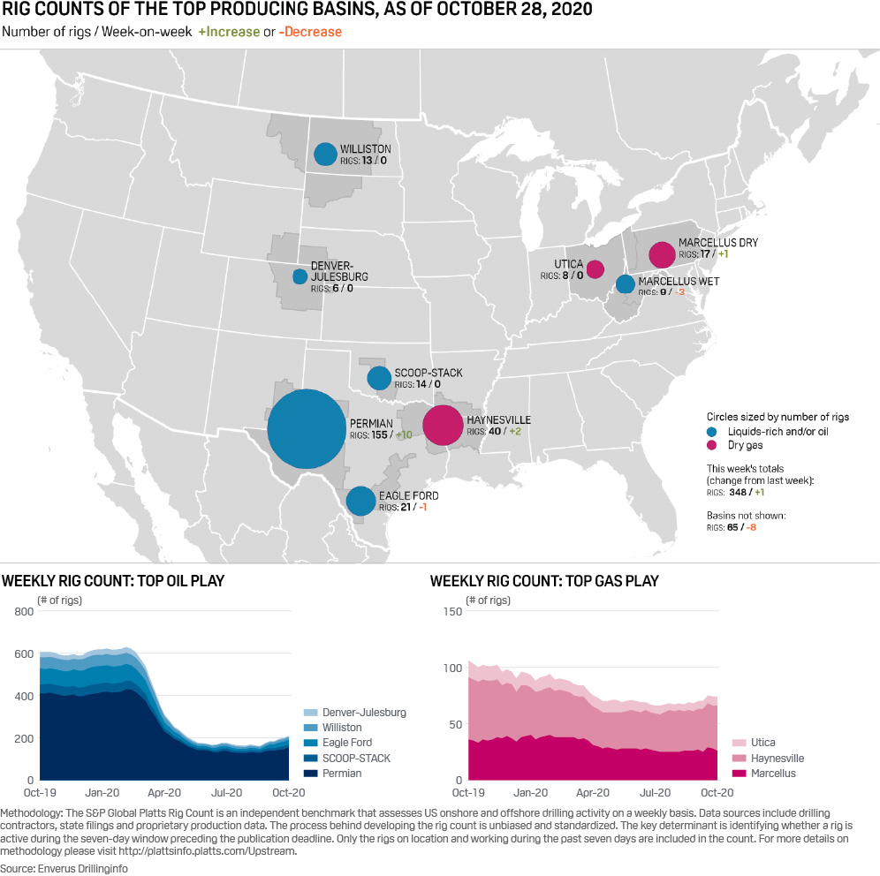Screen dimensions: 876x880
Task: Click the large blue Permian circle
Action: (x=306, y=429)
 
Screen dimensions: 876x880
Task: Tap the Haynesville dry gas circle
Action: (x=444, y=425)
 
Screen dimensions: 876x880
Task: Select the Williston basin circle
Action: (x=326, y=155)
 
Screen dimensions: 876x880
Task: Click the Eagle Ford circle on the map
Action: (x=360, y=501)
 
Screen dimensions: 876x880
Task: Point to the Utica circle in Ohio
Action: (x=595, y=268)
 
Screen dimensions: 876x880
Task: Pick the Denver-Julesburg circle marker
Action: (x=300, y=276)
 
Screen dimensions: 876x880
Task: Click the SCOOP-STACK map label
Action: (x=429, y=374)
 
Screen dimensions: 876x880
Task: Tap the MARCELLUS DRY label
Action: (x=717, y=243)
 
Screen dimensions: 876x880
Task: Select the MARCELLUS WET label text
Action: (x=679, y=282)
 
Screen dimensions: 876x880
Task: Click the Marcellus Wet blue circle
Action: (x=625, y=283)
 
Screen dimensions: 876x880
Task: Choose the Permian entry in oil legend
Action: (x=342, y=774)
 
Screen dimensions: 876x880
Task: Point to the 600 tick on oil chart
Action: (x=26, y=654)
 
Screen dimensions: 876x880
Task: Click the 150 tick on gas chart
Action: (x=452, y=611)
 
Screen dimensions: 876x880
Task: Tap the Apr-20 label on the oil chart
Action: (x=166, y=792)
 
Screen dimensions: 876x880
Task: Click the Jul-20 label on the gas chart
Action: (x=655, y=792)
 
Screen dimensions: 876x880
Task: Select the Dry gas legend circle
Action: (x=712, y=446)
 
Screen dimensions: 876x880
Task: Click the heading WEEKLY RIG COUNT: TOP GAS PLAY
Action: (x=544, y=581)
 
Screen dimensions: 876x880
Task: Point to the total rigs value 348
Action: (x=739, y=493)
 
